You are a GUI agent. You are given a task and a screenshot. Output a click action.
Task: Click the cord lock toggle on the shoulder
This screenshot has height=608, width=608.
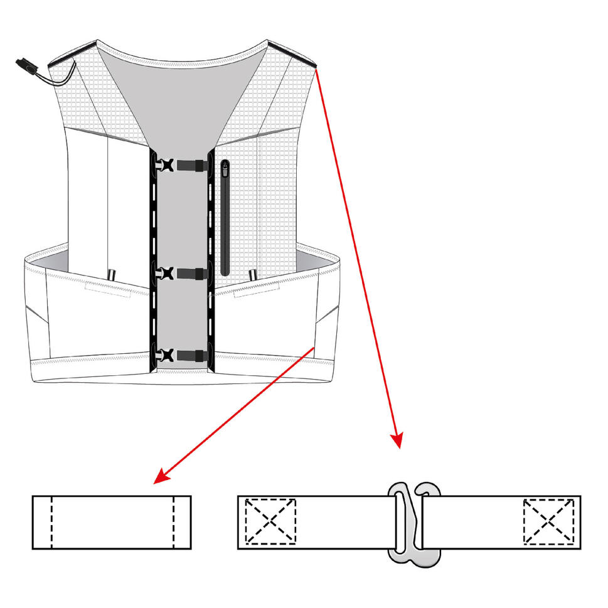point(26,65)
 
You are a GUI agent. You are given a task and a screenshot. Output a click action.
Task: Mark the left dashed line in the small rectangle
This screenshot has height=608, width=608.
point(52,522)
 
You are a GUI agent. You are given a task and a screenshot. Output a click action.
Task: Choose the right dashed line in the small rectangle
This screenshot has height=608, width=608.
point(173,522)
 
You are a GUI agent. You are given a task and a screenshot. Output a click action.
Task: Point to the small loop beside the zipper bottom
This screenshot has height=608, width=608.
point(252,275)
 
